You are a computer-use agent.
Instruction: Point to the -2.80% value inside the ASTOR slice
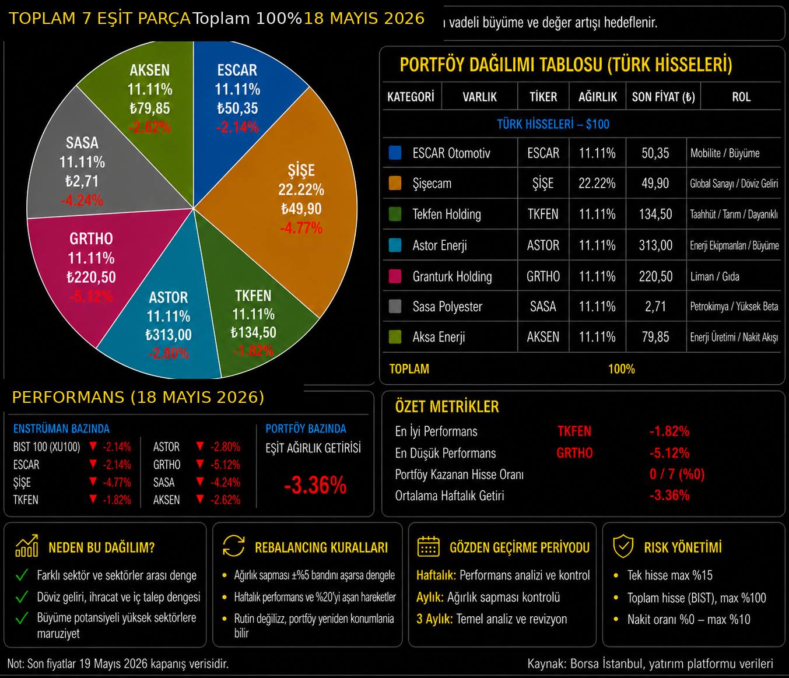[169, 353]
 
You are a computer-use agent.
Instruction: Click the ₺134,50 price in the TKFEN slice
[253, 332]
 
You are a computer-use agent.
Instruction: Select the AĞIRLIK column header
[597, 97]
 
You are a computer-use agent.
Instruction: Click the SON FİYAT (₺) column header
[663, 97]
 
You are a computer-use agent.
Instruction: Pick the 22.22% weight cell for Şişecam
[597, 184]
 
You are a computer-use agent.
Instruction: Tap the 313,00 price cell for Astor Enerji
[655, 245]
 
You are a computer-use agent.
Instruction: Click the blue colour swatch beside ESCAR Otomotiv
[395, 153]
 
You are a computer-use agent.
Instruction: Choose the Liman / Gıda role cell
[714, 276]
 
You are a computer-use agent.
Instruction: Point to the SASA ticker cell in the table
[543, 307]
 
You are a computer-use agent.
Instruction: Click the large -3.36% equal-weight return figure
[315, 485]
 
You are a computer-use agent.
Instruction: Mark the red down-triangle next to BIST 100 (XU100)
[93, 446]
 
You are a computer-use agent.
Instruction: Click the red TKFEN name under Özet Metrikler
[574, 431]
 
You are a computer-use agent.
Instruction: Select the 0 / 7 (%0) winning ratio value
[677, 475]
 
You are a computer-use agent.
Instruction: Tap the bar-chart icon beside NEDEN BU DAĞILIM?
[27, 546]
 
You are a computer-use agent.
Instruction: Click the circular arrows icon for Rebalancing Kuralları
[234, 546]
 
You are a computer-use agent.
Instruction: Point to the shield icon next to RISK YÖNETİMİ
[623, 546]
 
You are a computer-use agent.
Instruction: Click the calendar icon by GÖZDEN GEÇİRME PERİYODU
[428, 546]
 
